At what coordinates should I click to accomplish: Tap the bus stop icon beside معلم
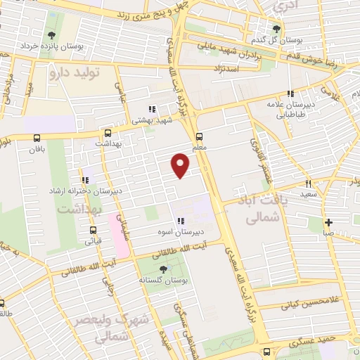(x=200, y=136)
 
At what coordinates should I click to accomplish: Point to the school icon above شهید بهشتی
(x=151, y=109)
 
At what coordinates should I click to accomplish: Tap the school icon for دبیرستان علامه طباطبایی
(x=289, y=94)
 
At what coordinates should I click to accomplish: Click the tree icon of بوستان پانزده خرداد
(x=51, y=34)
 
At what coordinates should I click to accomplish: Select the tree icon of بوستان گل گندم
(x=276, y=29)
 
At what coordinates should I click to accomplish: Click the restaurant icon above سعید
(x=309, y=184)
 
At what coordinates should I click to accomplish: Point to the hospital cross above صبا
(x=328, y=223)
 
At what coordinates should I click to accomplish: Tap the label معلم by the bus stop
(x=200, y=148)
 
